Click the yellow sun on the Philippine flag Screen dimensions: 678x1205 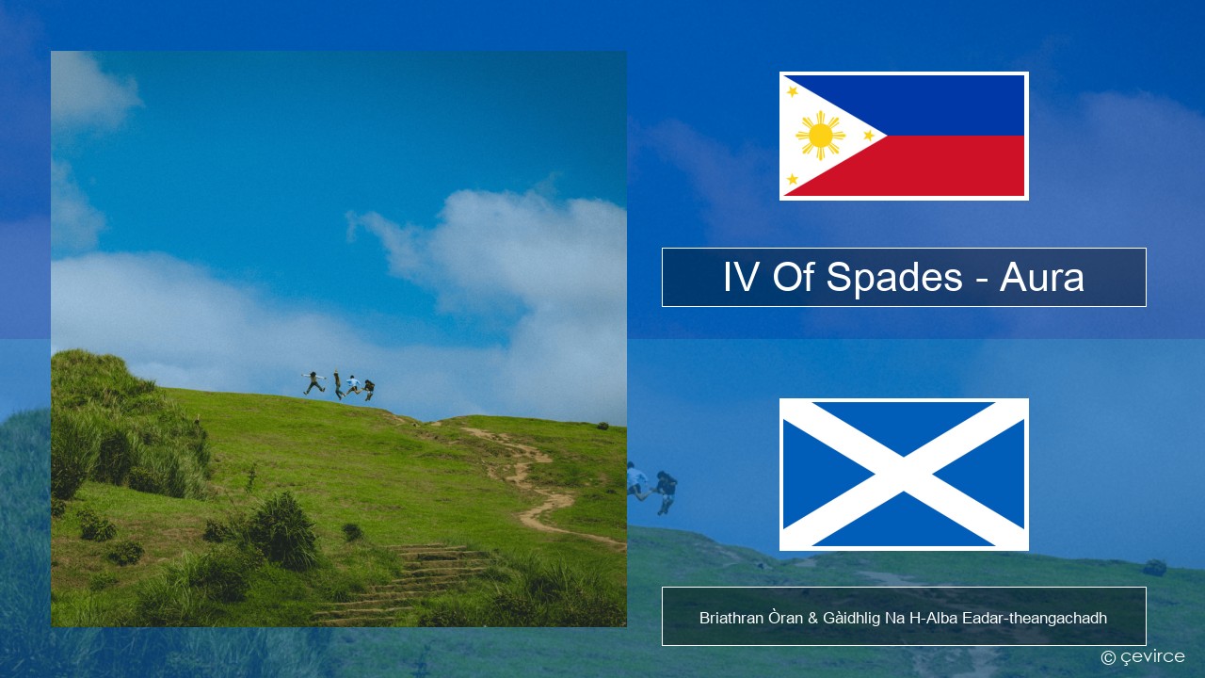tap(820, 136)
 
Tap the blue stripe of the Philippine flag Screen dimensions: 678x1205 tap(951, 105)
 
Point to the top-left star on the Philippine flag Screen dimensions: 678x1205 tap(793, 91)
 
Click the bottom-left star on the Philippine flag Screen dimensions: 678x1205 tap(793, 179)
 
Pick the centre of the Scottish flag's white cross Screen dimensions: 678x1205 tap(904, 475)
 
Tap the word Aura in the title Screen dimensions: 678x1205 tap(1042, 278)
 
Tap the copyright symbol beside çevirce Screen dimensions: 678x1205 tap(1108, 657)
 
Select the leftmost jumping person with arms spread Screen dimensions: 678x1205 tap(313, 382)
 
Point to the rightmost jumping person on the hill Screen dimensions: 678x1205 tap(368, 389)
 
